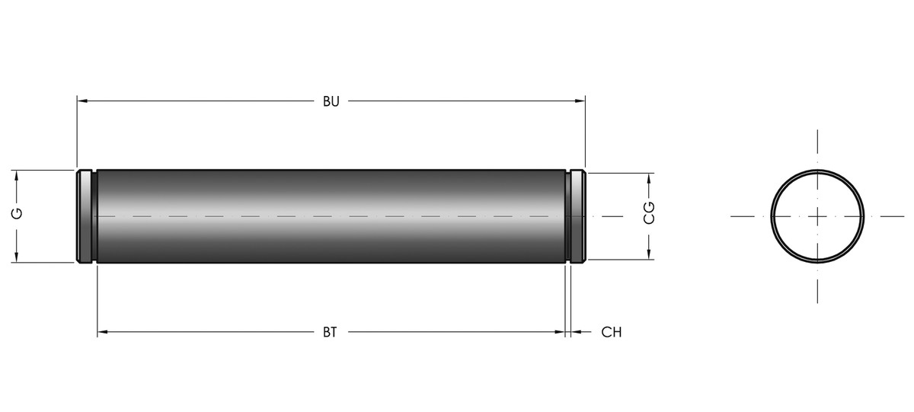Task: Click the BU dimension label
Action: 331,101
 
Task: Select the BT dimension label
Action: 330,333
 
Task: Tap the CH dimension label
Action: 611,333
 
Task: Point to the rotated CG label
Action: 649,212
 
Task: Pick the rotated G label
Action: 17,213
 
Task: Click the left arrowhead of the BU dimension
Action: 82,101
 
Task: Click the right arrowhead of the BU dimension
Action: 580,101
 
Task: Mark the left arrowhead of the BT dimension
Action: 102,332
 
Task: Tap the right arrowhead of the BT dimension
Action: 560,332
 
